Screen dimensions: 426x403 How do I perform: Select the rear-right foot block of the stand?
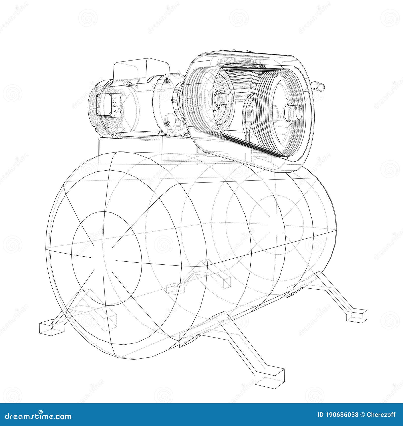pyautogui.click(x=356, y=315)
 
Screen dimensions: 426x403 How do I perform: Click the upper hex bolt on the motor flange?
pyautogui.click(x=166, y=81)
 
